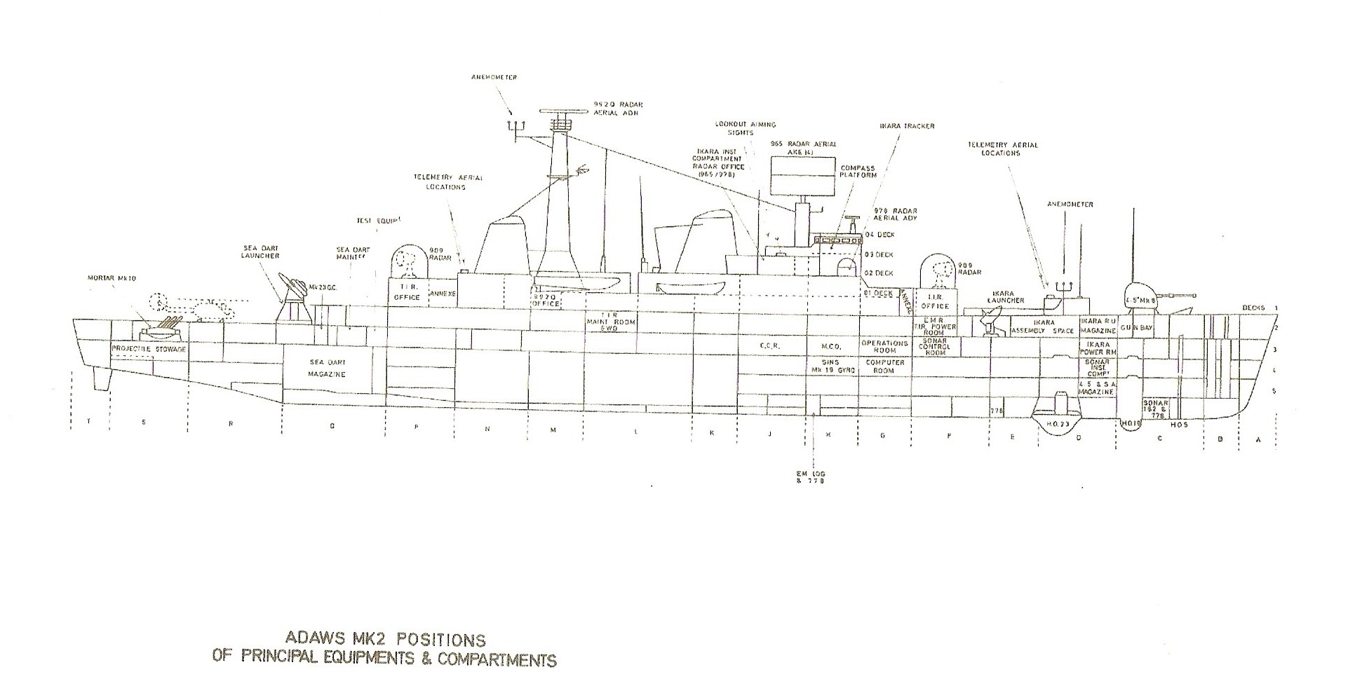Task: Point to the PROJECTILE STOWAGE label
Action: pos(148,348)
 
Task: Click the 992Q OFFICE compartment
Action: pos(547,300)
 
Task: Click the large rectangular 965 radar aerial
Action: pos(804,175)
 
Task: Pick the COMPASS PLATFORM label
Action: pos(858,172)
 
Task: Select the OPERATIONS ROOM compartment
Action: pos(884,347)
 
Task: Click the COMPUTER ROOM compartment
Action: pos(884,366)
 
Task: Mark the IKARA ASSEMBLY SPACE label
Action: pos(1043,327)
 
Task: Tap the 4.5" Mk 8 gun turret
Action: pos(1140,295)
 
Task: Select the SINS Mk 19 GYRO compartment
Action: pos(829,365)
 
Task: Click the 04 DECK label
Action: pos(879,235)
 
